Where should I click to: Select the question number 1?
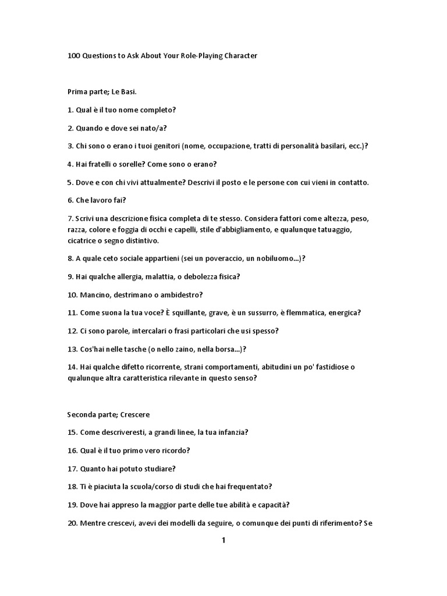(70, 110)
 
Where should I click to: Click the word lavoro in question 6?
(104, 200)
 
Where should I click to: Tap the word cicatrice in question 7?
(84, 241)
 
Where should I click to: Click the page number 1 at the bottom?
(223, 540)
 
